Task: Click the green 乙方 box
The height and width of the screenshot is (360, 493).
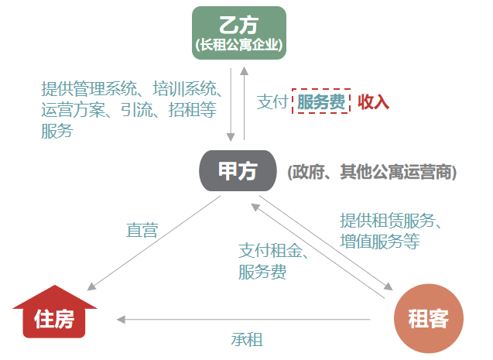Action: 239,33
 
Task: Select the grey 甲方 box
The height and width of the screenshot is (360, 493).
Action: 238,171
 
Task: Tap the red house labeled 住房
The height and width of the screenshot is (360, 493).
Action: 54,311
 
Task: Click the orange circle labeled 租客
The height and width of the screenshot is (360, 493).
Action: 429,318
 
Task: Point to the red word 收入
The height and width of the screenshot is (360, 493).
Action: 373,102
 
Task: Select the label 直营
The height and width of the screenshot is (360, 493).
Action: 142,231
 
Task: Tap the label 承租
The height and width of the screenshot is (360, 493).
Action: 247,340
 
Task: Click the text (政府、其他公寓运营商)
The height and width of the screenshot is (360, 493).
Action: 372,172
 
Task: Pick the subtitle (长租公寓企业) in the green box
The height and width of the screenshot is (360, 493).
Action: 239,45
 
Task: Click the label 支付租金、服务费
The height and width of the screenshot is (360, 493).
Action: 273,261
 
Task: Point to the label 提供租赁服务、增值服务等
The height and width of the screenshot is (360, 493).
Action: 391,231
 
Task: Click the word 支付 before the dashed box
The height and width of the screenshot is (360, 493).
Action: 272,102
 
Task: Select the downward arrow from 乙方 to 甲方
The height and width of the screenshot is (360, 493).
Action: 231,105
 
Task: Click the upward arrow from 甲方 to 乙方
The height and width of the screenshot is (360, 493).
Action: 244,103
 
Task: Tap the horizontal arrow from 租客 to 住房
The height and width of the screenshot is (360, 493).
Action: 243,320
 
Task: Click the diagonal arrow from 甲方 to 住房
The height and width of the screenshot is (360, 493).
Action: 154,243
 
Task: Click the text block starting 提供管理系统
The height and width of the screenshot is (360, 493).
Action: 132,110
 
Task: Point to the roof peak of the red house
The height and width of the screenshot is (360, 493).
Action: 55,286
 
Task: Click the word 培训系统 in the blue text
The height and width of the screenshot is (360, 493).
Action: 184,89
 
